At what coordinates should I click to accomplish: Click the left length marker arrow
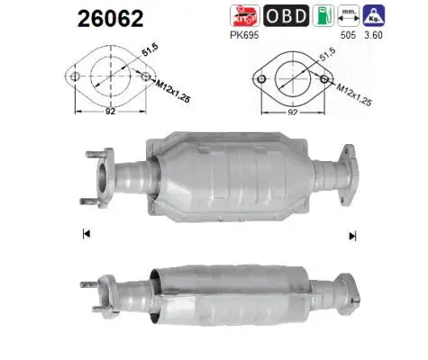point(85,234)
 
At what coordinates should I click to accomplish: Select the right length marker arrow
point(352,235)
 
